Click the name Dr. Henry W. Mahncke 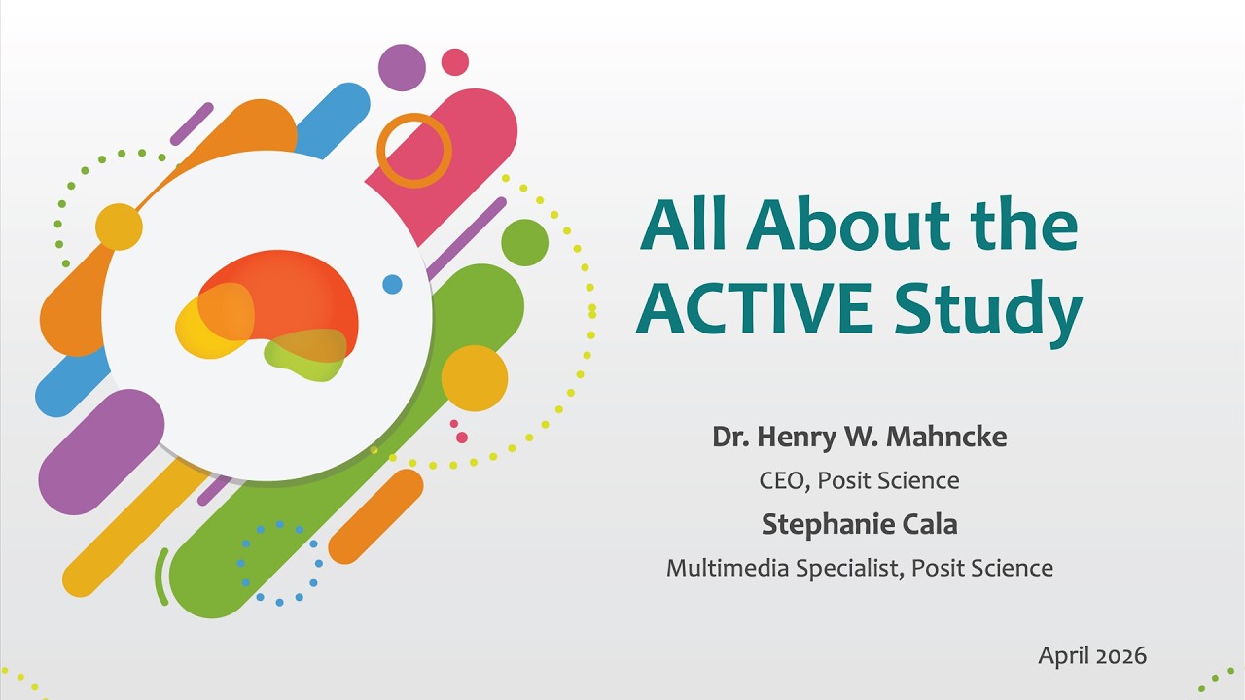click(859, 437)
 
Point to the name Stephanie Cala click(859, 525)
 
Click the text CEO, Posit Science click(859, 480)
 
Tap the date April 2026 click(1091, 656)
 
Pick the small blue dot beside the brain click(392, 284)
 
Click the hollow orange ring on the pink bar click(414, 151)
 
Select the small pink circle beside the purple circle click(454, 62)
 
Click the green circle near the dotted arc click(524, 242)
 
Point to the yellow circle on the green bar click(475, 378)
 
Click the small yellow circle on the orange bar click(119, 227)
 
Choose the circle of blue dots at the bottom click(279, 564)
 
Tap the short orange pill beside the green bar click(375, 516)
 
